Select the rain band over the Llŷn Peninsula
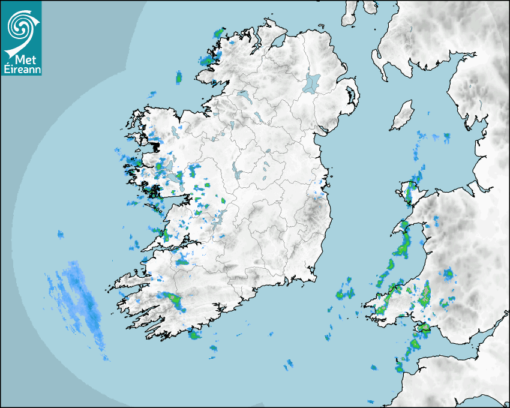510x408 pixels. pyautogui.click(x=401, y=240)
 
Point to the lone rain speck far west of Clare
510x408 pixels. pyautogui.click(x=60, y=233)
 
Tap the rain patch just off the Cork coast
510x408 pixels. pyautogui.click(x=194, y=334)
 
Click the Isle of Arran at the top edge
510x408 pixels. pyautogui.click(x=350, y=13)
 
